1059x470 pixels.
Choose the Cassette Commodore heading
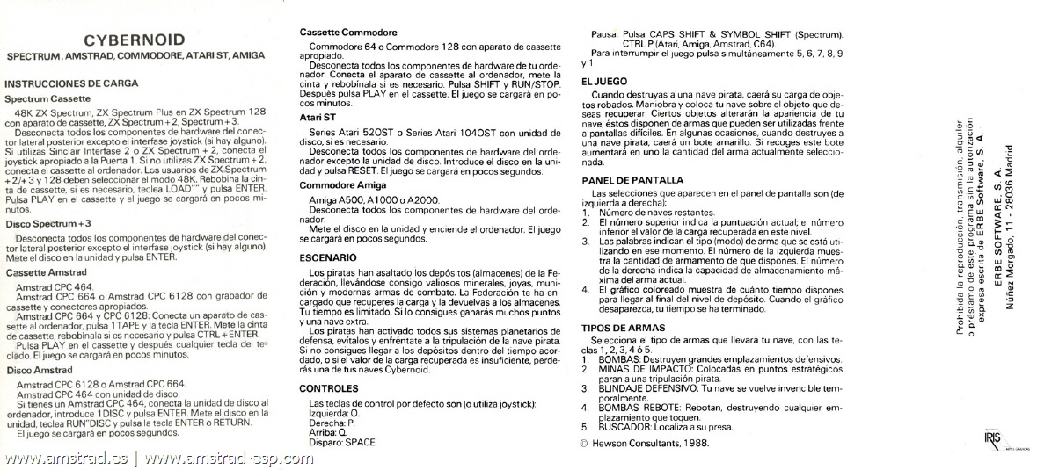[347, 33]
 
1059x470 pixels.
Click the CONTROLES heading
[329, 387]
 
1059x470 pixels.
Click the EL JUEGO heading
[604, 81]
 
